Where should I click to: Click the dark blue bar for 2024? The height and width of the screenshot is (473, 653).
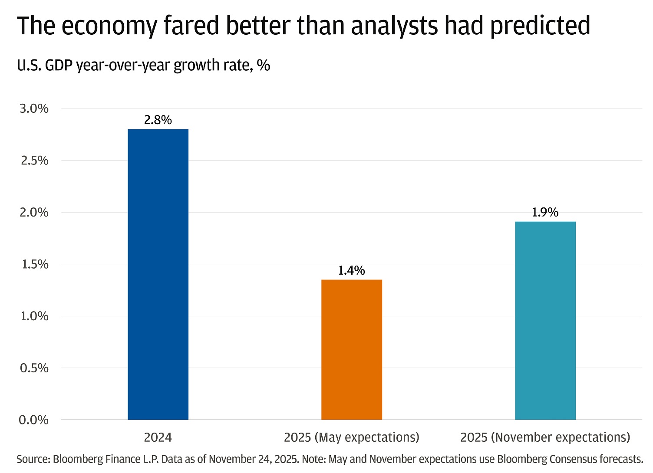click(x=158, y=274)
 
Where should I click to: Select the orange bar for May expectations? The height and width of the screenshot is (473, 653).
click(x=352, y=350)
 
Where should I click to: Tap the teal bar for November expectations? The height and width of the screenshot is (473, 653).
click(x=545, y=321)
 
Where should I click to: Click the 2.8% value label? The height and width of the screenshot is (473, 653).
click(x=158, y=120)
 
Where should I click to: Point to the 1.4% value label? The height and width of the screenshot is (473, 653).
click(x=352, y=270)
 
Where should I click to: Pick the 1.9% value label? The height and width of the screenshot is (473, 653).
click(x=545, y=212)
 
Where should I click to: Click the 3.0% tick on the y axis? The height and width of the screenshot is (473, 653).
click(x=34, y=108)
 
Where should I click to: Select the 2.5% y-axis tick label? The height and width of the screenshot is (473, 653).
click(x=34, y=161)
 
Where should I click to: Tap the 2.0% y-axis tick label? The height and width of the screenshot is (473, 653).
click(x=34, y=212)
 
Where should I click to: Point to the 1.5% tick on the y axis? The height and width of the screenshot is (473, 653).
click(x=34, y=264)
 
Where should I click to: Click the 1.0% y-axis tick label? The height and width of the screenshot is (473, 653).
click(x=34, y=316)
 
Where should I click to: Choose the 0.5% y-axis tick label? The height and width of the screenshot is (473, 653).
click(x=34, y=368)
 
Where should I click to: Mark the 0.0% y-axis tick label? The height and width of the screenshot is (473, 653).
click(x=34, y=420)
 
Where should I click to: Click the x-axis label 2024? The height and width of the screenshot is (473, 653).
click(x=158, y=437)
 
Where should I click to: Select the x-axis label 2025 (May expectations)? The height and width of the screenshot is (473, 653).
click(x=352, y=437)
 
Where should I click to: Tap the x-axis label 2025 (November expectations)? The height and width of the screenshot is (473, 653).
click(x=545, y=437)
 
